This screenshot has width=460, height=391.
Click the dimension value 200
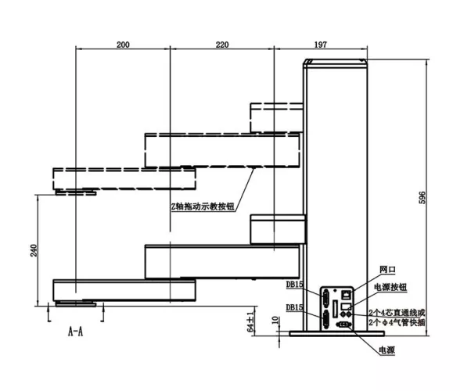(x=122, y=45)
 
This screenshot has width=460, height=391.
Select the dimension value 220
(x=222, y=45)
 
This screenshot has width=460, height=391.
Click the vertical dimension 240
(x=32, y=250)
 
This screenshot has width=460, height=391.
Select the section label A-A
(x=75, y=332)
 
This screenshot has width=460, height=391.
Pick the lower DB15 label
(x=295, y=309)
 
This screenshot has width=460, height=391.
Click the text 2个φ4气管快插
(x=398, y=321)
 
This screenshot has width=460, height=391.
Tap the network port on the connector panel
(x=344, y=295)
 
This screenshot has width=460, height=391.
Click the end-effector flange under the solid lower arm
(x=76, y=303)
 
